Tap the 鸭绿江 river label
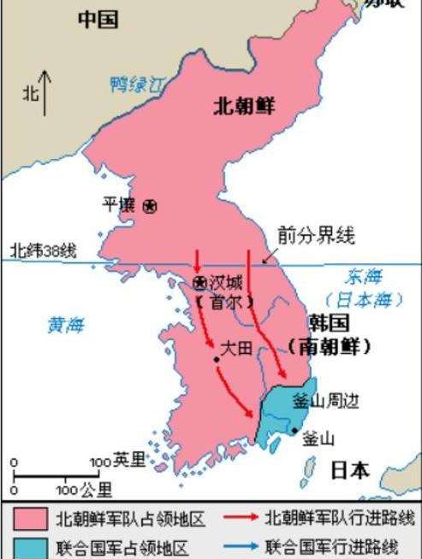[138, 84]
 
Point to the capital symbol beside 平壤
[150, 206]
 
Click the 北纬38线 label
[43, 250]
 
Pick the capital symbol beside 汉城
[200, 283]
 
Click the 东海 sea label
[364, 277]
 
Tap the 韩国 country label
[329, 324]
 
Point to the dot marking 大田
[217, 359]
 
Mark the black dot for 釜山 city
[295, 430]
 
